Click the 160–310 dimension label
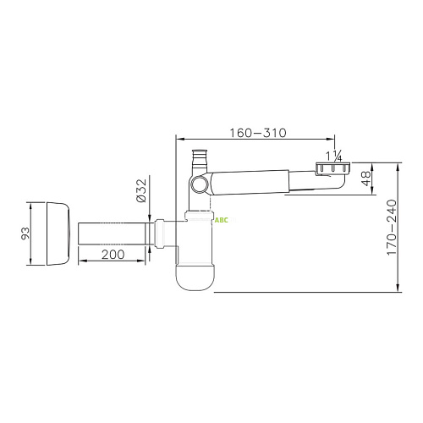[258, 133]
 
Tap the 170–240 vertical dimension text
[392, 228]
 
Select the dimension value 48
[366, 179]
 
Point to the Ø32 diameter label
[141, 190]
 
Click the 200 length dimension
[113, 255]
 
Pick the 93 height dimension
[25, 233]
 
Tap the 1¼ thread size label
[334, 157]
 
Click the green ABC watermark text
[222, 221]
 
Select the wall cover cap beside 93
[58, 233]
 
